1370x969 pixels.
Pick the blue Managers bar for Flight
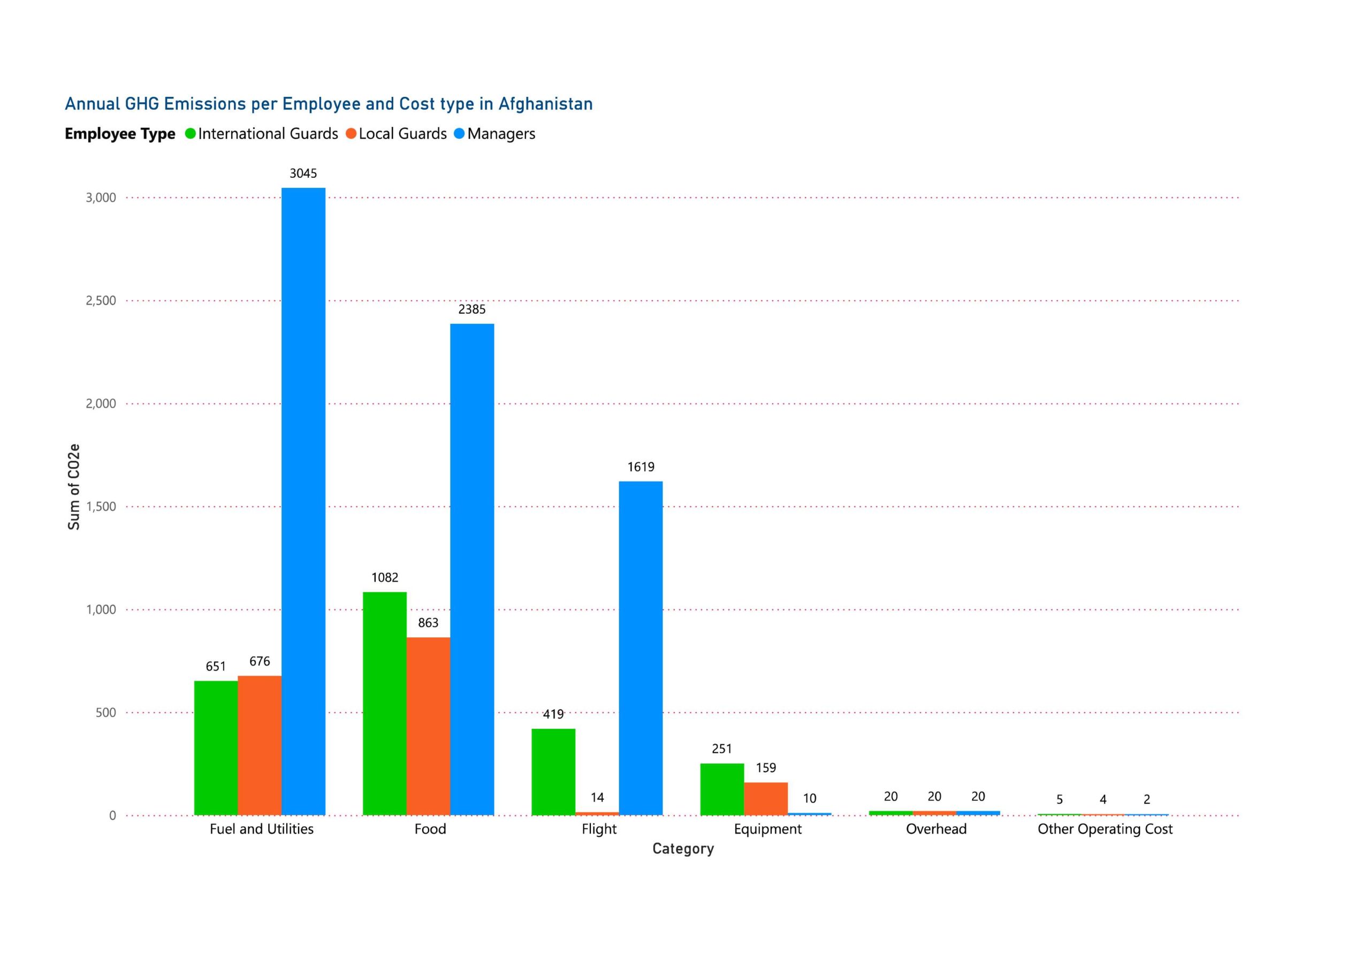pyautogui.click(x=640, y=648)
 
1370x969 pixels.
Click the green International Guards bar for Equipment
pyautogui.click(x=721, y=789)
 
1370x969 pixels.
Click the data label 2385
pyautogui.click(x=471, y=309)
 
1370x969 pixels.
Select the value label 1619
pyautogui.click(x=640, y=467)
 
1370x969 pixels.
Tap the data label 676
pyautogui.click(x=260, y=661)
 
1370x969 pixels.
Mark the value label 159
pyautogui.click(x=766, y=767)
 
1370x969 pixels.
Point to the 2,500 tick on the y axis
pyautogui.click(x=101, y=301)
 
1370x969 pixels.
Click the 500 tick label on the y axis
pyautogui.click(x=105, y=712)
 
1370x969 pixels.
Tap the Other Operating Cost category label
pyautogui.click(x=1105, y=829)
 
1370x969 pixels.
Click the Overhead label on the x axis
pyautogui.click(x=935, y=829)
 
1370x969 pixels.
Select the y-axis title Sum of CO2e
pyautogui.click(x=73, y=487)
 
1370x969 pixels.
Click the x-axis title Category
pyautogui.click(x=683, y=849)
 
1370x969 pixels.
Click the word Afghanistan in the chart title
pyautogui.click(x=545, y=104)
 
